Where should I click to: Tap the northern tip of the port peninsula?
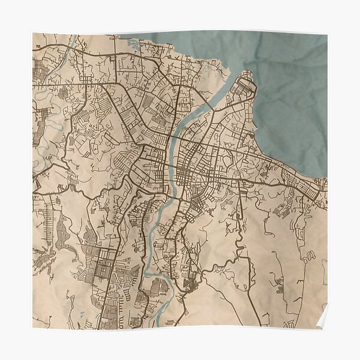pyautogui.click(x=245, y=73)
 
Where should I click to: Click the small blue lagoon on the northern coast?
pyautogui.click(x=134, y=43)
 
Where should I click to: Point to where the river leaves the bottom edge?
pyautogui.click(x=158, y=324)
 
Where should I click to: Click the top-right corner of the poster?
pyautogui.click(x=327, y=34)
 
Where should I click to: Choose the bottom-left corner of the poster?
pyautogui.click(x=33, y=327)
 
